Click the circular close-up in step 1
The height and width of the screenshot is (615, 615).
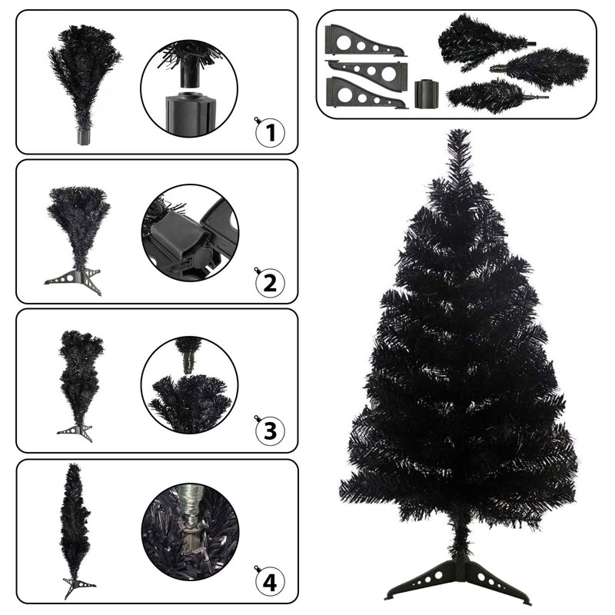(189, 88)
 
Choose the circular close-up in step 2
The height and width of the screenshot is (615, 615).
(189, 233)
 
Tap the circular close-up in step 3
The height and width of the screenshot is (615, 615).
(189, 383)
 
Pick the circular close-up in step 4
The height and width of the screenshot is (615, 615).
(189, 532)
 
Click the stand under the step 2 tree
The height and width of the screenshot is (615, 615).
(74, 278)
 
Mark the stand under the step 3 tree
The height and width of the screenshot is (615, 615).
(75, 430)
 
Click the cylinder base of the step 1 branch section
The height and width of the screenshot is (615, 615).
(84, 137)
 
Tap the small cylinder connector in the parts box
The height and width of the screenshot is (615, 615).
(425, 94)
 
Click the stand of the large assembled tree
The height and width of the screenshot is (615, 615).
(459, 580)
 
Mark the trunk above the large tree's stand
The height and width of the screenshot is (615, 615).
(459, 542)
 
